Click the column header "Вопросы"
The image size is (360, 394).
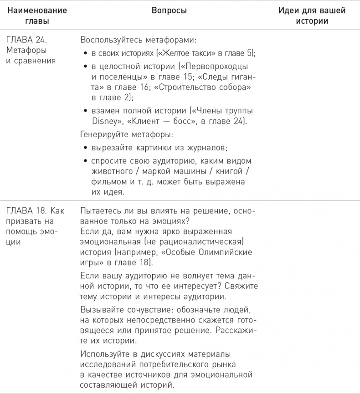169,11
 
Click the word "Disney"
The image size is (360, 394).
98,121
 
